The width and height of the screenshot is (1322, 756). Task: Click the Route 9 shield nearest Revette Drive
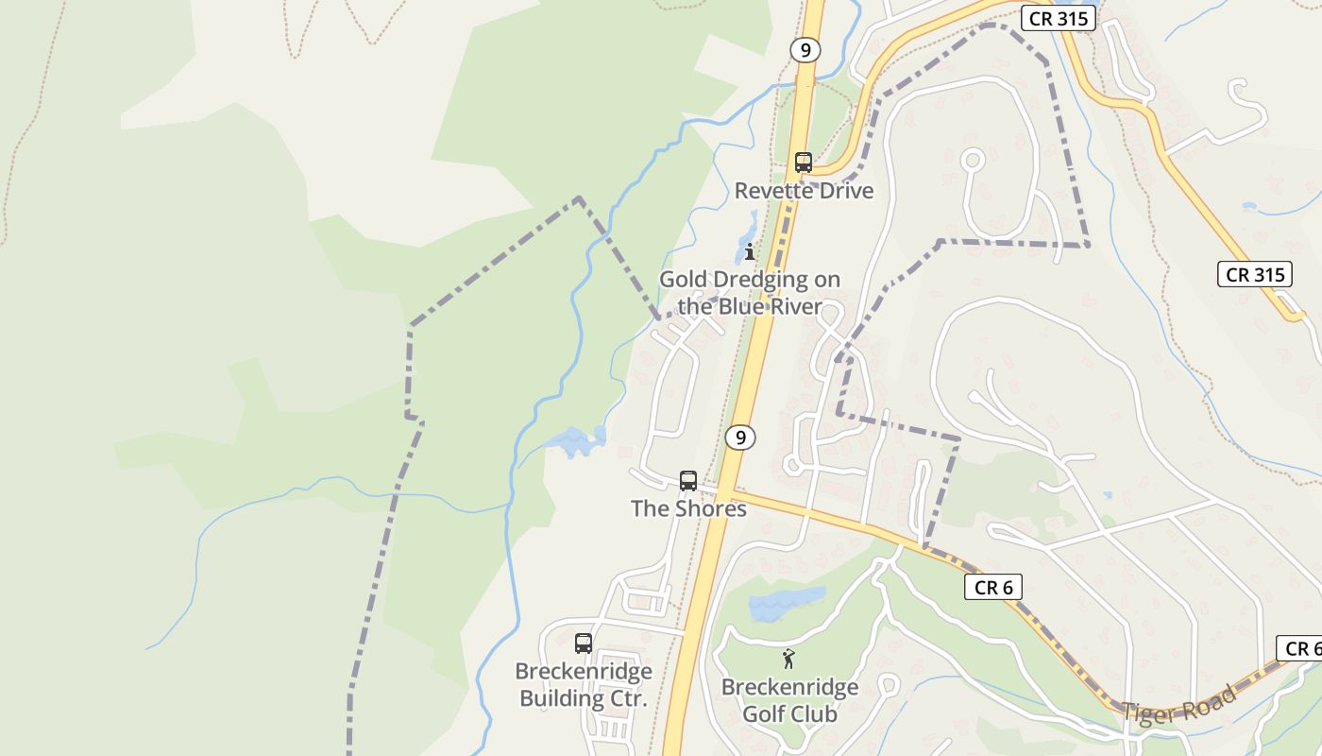click(805, 50)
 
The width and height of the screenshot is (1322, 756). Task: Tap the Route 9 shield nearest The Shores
click(741, 438)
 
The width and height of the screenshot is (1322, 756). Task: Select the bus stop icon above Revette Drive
click(804, 163)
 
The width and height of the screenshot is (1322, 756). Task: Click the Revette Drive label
click(804, 191)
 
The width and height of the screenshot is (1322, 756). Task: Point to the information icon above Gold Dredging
click(749, 251)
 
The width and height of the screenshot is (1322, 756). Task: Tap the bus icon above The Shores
click(688, 480)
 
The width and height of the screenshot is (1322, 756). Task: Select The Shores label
click(688, 508)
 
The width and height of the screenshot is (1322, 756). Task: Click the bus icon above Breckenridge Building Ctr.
click(584, 644)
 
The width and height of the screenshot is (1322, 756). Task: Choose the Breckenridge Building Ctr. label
click(584, 685)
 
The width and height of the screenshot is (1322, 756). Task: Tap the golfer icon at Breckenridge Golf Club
click(788, 659)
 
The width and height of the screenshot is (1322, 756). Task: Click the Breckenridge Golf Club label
click(789, 700)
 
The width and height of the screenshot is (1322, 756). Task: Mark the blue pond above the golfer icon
click(786, 604)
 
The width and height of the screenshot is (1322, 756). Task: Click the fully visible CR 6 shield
click(993, 588)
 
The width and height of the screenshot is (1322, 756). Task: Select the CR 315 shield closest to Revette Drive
click(1058, 18)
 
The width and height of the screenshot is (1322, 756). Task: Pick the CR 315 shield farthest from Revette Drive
click(1254, 275)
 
